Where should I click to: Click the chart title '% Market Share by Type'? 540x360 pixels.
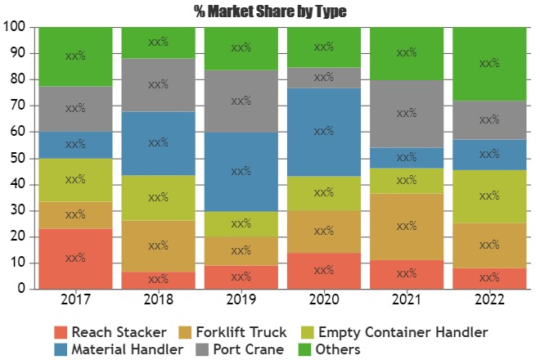270,11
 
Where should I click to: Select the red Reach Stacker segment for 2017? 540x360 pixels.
75,259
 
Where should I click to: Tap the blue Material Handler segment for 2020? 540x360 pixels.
324,132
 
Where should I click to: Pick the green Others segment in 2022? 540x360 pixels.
489,64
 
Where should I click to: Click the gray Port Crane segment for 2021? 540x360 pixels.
407,114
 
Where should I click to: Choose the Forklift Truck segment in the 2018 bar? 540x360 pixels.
159,244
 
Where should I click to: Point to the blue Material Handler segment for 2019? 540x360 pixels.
241,172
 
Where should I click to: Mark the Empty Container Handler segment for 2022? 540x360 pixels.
489,196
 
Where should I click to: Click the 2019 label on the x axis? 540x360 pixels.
241,300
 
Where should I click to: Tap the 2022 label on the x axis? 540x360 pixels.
489,300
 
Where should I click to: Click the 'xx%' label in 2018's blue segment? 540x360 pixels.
159,143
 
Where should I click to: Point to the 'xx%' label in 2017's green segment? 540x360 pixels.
75,56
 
